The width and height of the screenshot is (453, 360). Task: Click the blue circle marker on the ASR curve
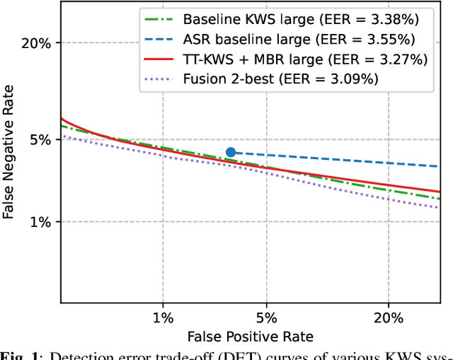coord(230,152)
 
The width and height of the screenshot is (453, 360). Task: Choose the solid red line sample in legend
coord(158,59)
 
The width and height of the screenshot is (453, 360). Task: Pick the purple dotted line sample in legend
coord(158,79)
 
